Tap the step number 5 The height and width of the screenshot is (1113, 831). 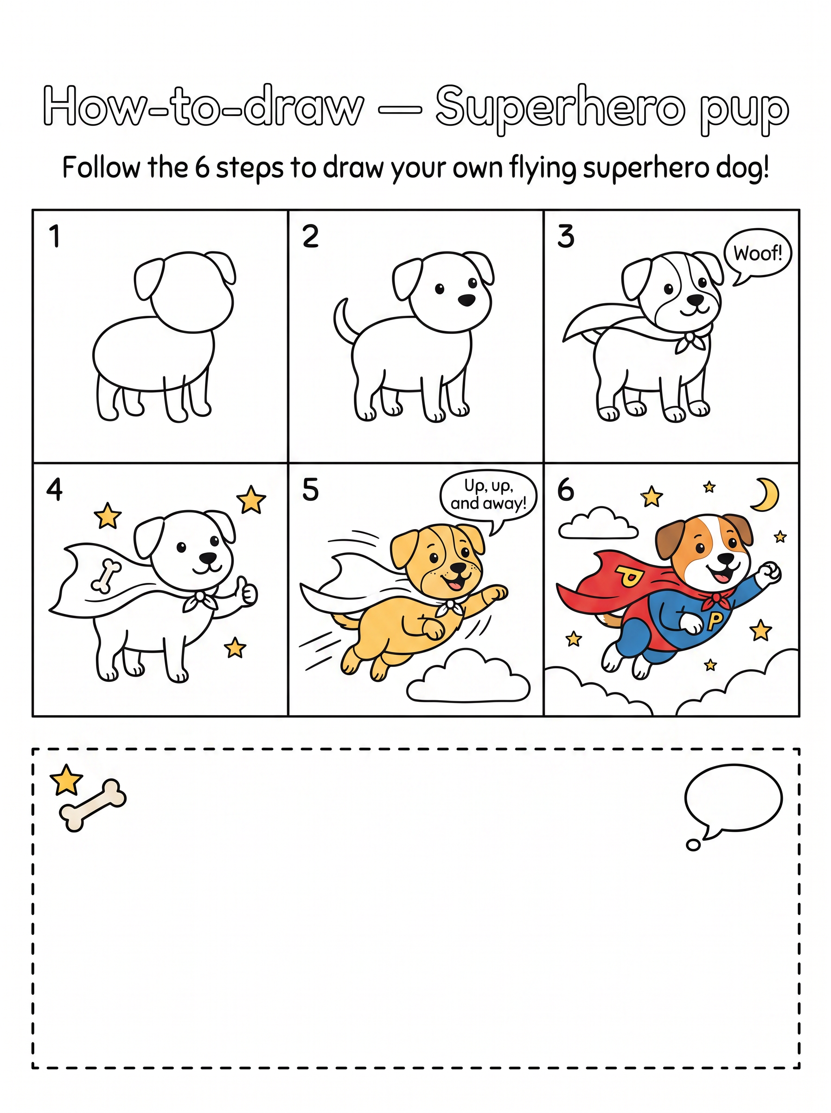coord(310,489)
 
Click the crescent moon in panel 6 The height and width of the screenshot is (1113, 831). coord(767,495)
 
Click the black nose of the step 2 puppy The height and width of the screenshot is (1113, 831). coord(467,300)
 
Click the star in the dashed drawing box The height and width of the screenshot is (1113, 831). coord(66,780)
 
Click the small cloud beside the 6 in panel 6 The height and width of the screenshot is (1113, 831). coord(598,524)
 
